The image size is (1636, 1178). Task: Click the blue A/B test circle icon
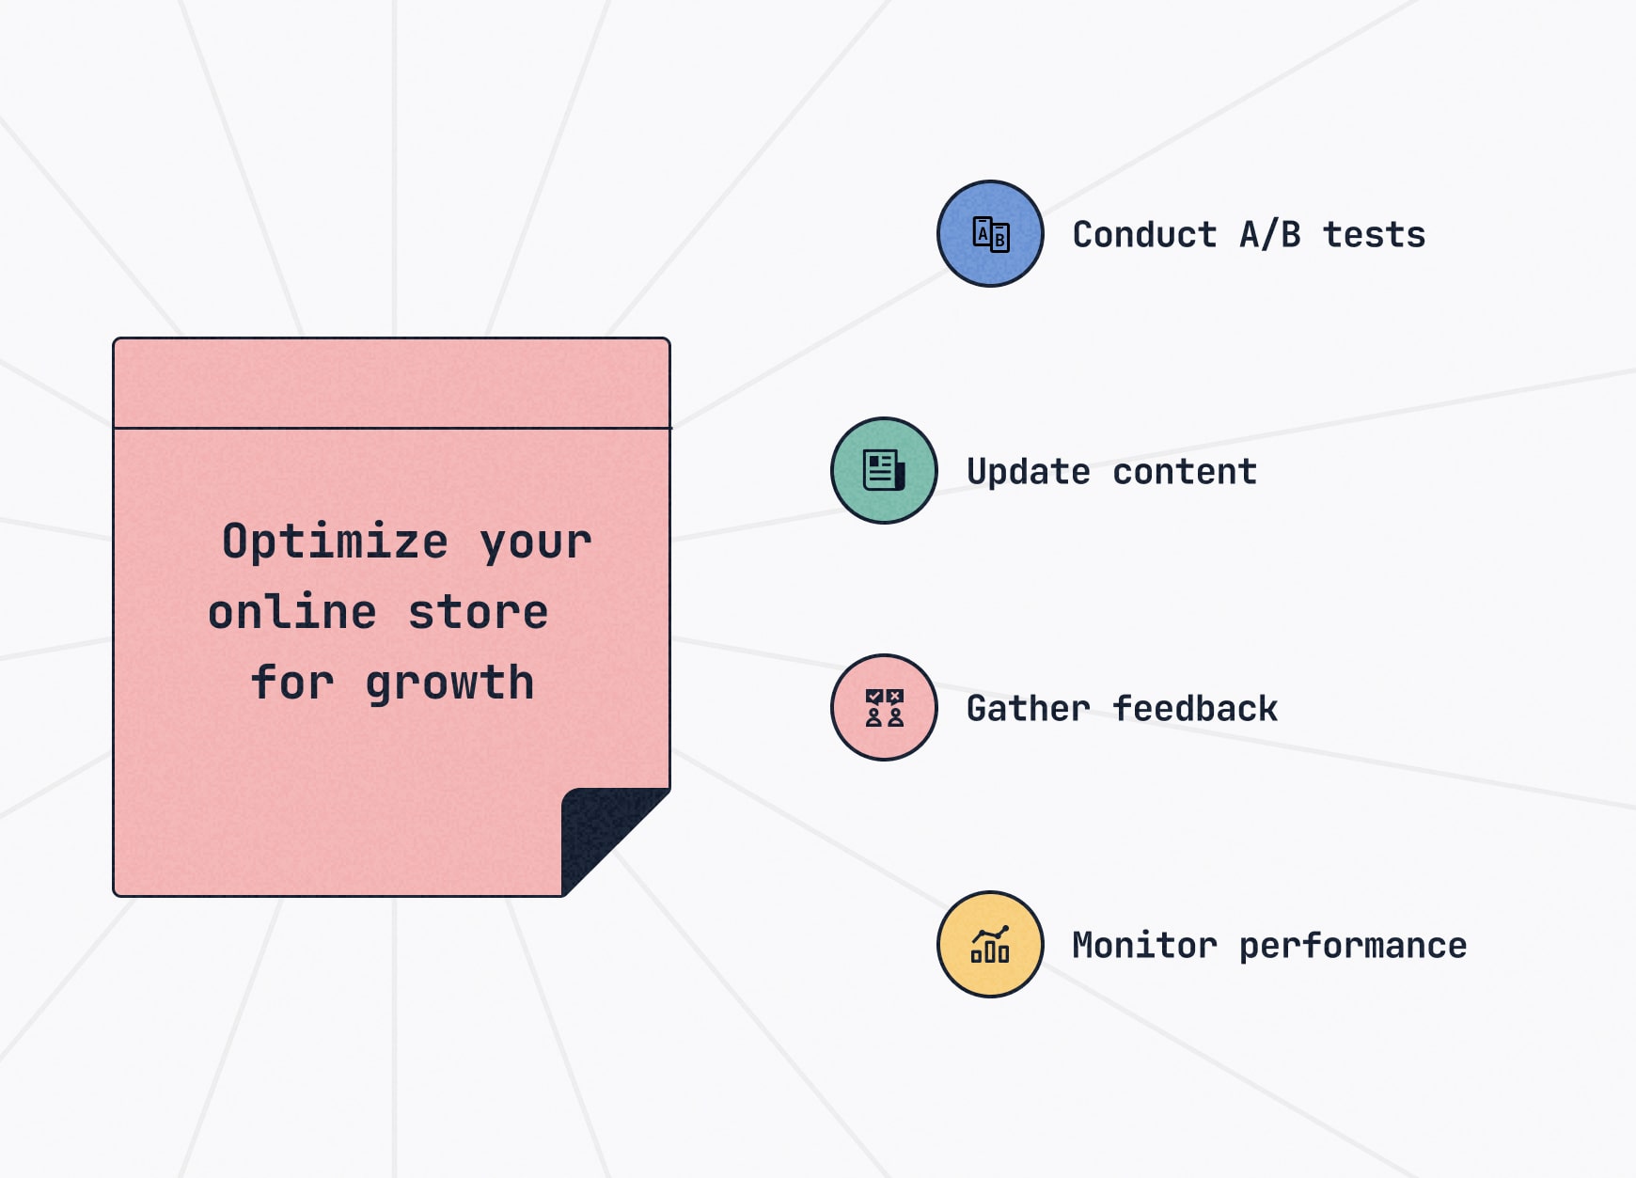tap(990, 233)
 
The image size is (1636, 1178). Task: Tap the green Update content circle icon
tap(884, 470)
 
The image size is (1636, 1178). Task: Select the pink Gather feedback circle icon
tap(884, 707)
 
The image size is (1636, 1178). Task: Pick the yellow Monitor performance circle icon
tap(990, 944)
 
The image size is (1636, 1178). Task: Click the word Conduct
tap(1144, 234)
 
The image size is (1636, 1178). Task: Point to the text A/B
tap(1270, 234)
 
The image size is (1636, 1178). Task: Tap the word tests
tap(1374, 235)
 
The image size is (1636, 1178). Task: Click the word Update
tap(1029, 472)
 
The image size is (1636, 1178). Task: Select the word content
tap(1185, 472)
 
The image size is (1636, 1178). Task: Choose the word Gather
tap(1029, 708)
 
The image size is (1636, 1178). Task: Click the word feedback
tap(1195, 708)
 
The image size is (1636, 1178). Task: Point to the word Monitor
tap(1144, 945)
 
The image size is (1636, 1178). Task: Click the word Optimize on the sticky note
tap(335, 542)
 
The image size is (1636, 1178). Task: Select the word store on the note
tap(478, 612)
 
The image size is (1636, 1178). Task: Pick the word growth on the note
tap(449, 683)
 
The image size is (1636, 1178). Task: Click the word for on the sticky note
tap(292, 682)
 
